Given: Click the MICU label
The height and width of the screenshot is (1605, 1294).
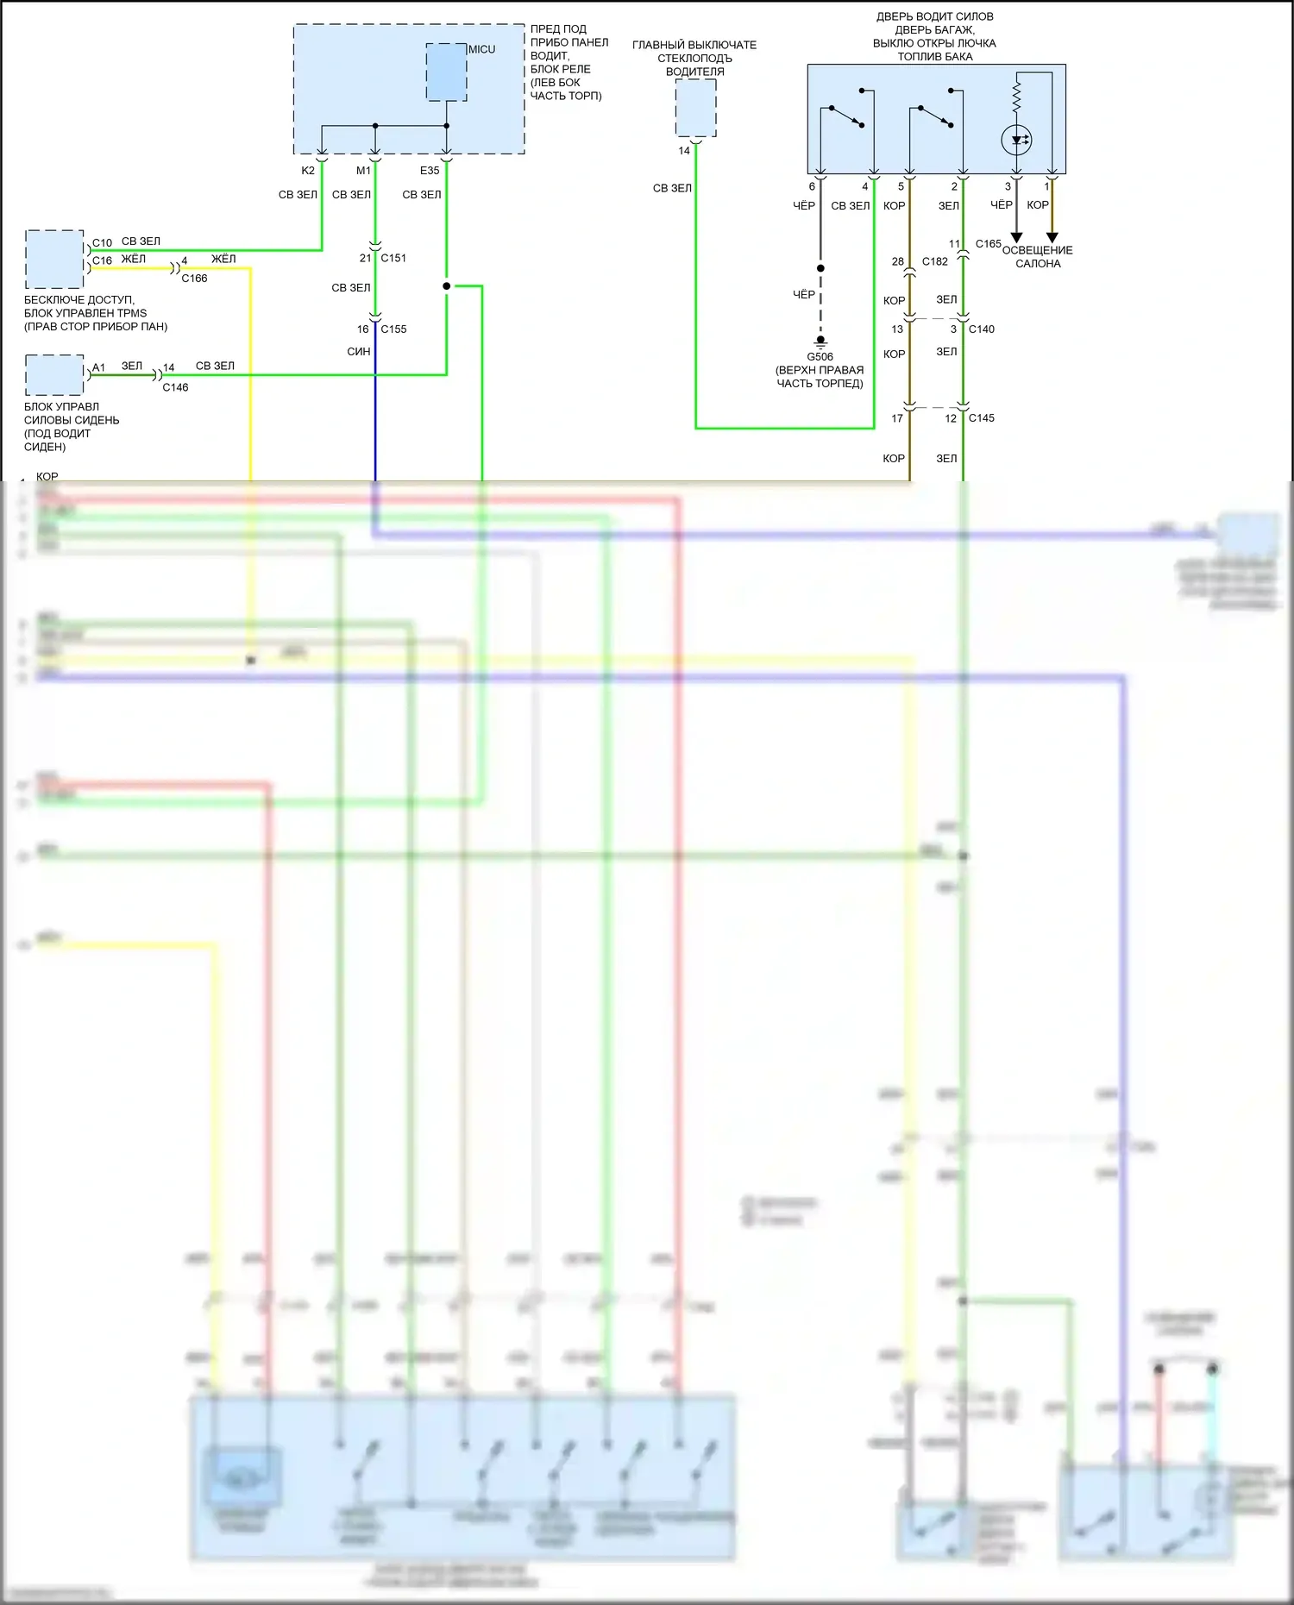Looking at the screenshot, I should (481, 49).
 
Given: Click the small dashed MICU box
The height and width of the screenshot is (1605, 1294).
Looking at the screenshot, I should (446, 72).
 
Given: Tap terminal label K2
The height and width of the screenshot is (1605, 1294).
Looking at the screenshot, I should (308, 171).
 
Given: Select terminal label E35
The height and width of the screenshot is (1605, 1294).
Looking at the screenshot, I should (430, 171).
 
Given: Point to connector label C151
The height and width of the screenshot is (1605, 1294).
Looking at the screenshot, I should (393, 258).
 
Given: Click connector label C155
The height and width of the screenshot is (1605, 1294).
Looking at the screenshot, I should (393, 329).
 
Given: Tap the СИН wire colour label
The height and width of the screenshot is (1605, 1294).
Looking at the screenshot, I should (359, 352).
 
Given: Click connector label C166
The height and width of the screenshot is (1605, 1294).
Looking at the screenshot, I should (194, 279).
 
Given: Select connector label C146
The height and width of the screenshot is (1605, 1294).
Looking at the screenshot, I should (175, 388).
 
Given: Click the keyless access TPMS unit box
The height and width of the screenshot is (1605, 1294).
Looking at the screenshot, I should (54, 259).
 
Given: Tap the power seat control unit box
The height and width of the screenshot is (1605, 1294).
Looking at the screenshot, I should (54, 375).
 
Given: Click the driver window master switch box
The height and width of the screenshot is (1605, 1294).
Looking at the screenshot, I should (695, 108).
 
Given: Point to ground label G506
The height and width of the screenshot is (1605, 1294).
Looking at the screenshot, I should (820, 357).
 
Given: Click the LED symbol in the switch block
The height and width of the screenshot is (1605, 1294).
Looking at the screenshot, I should (1016, 140).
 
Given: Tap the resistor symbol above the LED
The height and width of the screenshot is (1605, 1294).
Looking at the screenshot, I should (1016, 97).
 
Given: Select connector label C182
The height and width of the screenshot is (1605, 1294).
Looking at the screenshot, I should (935, 261).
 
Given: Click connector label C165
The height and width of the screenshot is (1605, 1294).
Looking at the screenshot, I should (989, 244).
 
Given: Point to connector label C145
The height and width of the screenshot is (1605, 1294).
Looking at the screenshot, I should (982, 418).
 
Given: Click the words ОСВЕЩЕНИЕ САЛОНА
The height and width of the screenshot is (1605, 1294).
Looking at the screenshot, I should (1038, 257).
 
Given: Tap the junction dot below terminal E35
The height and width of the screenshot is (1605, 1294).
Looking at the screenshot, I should (446, 286).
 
